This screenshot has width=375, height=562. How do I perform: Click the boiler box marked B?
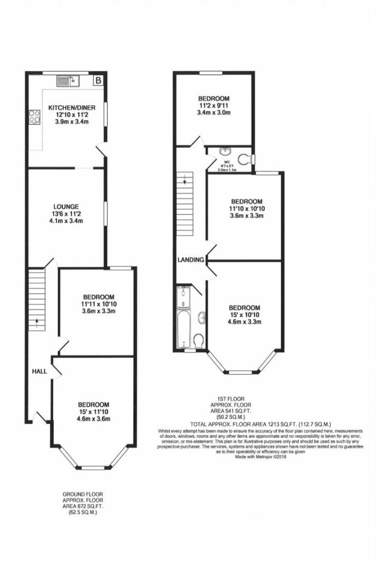coord(98,81)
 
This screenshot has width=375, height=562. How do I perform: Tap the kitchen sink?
coord(68,81)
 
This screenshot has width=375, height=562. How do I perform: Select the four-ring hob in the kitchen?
coord(34,117)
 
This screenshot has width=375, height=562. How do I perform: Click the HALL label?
coord(39,372)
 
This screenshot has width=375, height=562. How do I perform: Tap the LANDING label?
coord(191,260)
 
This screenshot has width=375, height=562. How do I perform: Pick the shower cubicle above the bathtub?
coord(183,297)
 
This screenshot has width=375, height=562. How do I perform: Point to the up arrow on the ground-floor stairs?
coord(37,323)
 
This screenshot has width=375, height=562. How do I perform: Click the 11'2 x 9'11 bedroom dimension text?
coord(213,105)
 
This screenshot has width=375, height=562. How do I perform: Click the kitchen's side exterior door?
coord(100,150)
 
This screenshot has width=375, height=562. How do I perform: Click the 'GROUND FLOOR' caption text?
coord(82,494)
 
